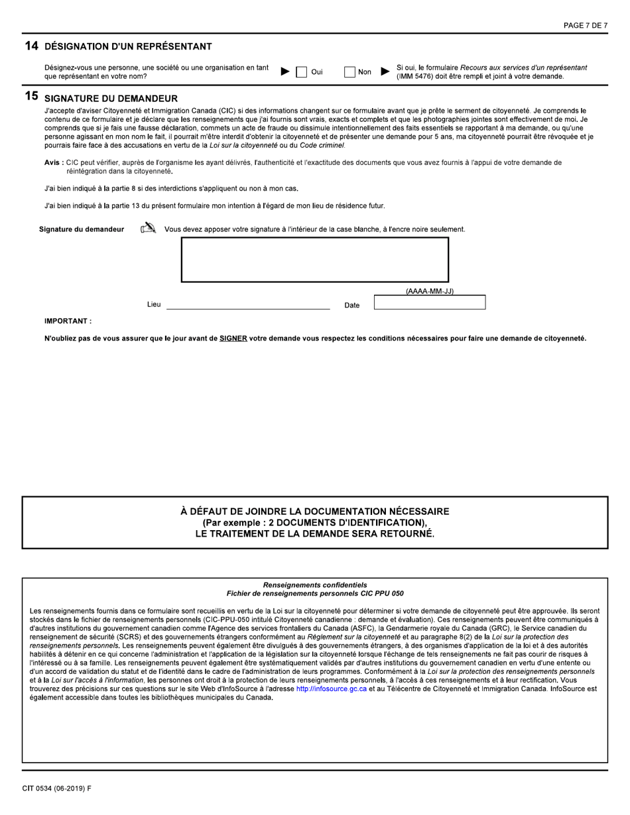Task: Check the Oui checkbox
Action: pyautogui.click(x=301, y=72)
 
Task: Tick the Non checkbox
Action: pyautogui.click(x=349, y=72)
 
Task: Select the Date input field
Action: pyautogui.click(x=429, y=303)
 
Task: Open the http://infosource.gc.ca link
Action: pyautogui.click(x=331, y=688)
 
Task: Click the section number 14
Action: pyautogui.click(x=31, y=46)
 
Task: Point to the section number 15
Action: pyautogui.click(x=31, y=97)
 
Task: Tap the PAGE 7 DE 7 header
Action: pyautogui.click(x=585, y=26)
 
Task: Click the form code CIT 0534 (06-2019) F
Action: pyautogui.click(x=56, y=789)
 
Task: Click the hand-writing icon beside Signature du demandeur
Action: pyautogui.click(x=148, y=229)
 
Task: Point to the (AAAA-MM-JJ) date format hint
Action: pyautogui.click(x=429, y=291)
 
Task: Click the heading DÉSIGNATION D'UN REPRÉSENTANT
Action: pyautogui.click(x=128, y=46)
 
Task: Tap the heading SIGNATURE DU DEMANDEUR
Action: pyautogui.click(x=111, y=98)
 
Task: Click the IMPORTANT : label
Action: pyautogui.click(x=68, y=321)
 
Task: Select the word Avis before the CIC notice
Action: pyautogui.click(x=52, y=162)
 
